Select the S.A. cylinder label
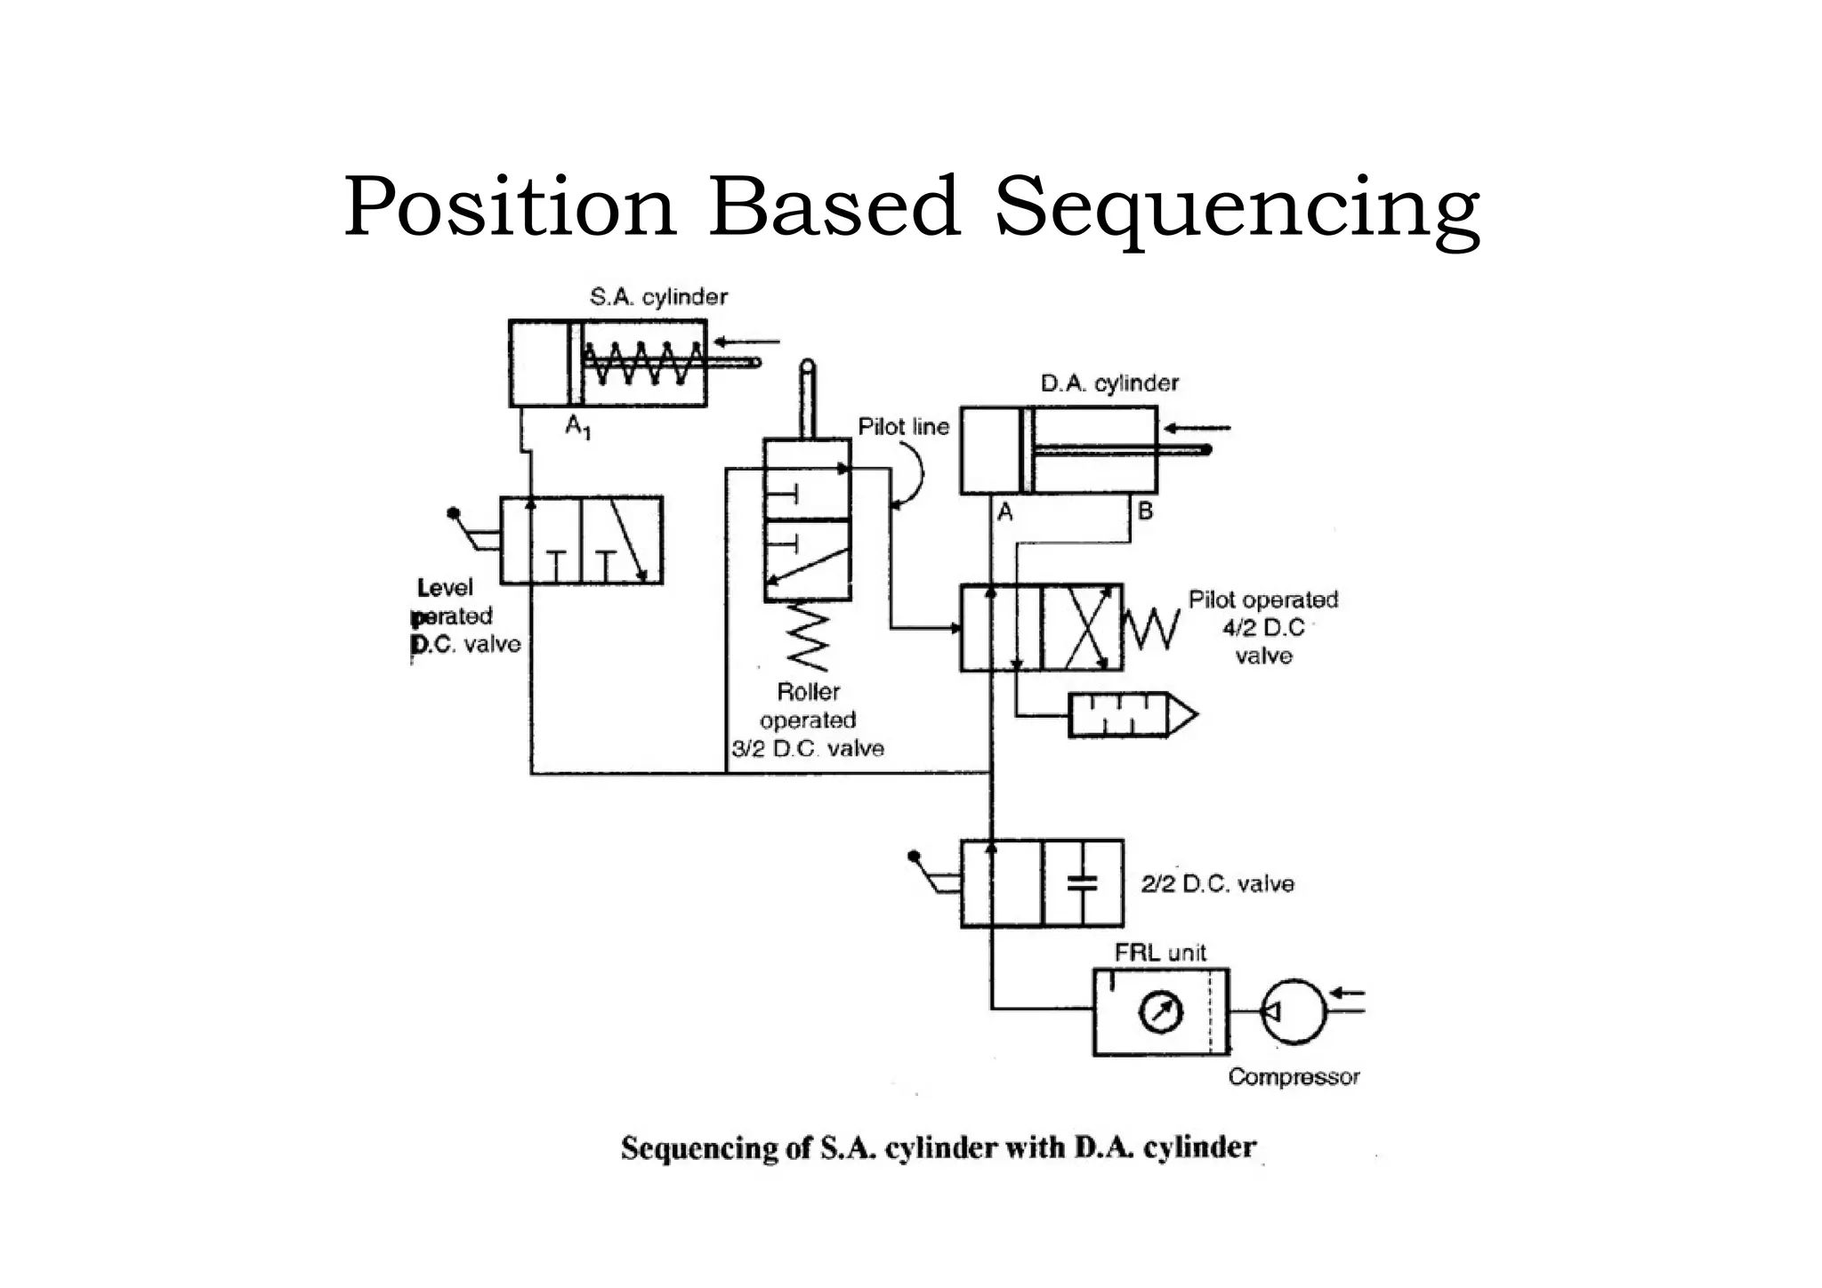tap(658, 297)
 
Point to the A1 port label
tap(577, 428)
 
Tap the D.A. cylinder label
tap(1109, 383)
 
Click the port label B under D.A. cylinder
tap(1145, 511)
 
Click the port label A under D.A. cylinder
tap(1005, 512)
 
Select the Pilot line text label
tap(903, 427)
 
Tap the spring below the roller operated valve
tap(808, 638)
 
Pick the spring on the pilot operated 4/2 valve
tap(1152, 628)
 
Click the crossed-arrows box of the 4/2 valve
tap(1083, 628)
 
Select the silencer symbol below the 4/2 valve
tap(1130, 714)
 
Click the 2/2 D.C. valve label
tap(1217, 883)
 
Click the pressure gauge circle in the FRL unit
tap(1161, 1012)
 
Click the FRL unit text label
tap(1160, 953)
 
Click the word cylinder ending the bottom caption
tap(1199, 1147)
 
